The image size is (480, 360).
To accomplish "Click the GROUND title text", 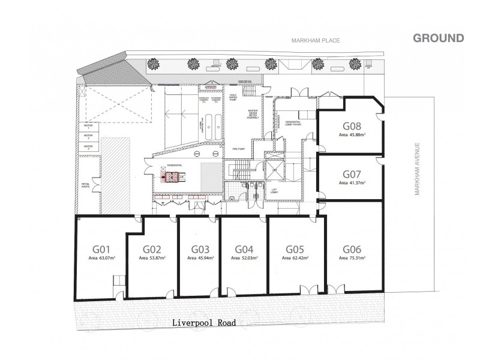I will (x=438, y=38).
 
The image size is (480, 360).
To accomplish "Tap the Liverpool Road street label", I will (x=203, y=322).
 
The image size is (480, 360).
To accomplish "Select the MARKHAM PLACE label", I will (x=316, y=41).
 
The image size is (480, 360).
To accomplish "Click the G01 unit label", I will (x=101, y=249).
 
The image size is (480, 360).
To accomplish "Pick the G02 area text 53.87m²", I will (x=152, y=258).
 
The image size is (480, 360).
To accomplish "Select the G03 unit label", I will (x=200, y=249).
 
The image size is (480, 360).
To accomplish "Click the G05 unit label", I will (x=295, y=249).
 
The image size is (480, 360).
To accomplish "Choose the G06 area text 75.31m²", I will (x=352, y=258).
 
